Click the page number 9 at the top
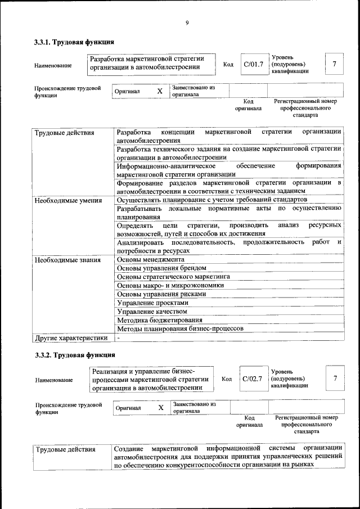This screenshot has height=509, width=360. (x=186, y=23)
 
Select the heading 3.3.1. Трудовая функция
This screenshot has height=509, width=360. (x=74, y=42)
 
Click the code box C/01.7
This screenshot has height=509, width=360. (x=253, y=64)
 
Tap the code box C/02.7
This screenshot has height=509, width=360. (x=253, y=379)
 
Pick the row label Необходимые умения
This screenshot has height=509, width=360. (x=68, y=201)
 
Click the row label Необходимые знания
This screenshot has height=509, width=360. (x=67, y=260)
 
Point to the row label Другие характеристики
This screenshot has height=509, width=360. (x=71, y=338)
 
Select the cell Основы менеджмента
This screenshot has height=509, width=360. (x=150, y=260)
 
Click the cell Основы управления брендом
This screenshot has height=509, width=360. (x=161, y=268)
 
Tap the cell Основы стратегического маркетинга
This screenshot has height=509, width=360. (x=173, y=277)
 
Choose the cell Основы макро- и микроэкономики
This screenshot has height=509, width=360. (x=170, y=285)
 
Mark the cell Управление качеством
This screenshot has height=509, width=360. (x=152, y=311)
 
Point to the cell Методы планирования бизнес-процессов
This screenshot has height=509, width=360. (x=180, y=328)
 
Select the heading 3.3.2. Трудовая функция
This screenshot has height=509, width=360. (x=74, y=355)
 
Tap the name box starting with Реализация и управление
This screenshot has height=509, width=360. (x=152, y=379)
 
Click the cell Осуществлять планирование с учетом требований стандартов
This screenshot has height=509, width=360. (x=211, y=200)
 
